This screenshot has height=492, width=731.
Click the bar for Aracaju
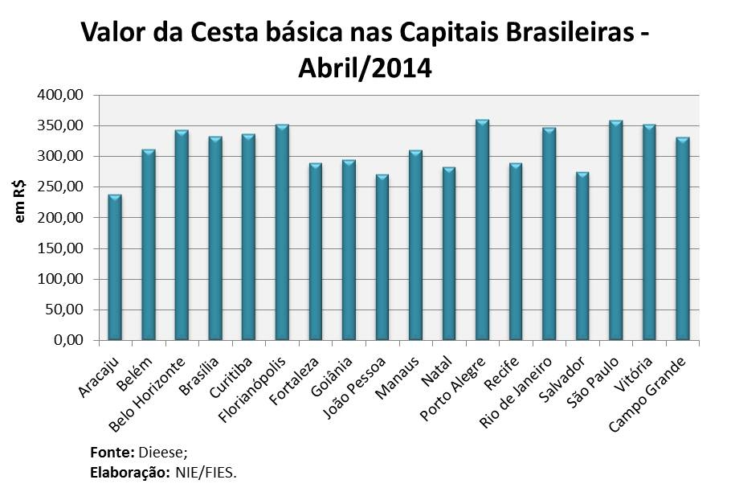tap(115, 267)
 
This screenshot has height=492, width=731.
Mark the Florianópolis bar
tap(281, 232)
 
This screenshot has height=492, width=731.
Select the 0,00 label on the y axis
tap(67, 341)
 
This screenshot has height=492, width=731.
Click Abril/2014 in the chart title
tap(365, 68)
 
